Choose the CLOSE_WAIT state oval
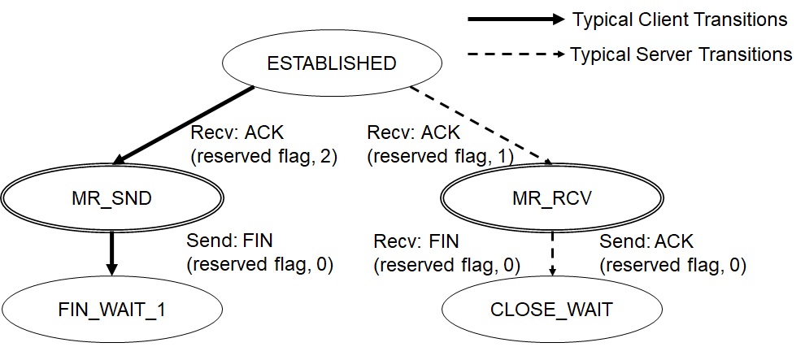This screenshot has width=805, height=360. tap(552, 310)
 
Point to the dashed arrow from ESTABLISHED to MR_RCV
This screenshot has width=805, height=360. tap(480, 124)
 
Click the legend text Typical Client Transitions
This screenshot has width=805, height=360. tap(680, 20)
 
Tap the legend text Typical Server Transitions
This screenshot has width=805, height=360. tap(681, 54)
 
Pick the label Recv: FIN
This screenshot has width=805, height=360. tap(416, 242)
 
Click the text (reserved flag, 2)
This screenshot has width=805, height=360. tap(263, 155)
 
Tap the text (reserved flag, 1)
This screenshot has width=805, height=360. tap(440, 155)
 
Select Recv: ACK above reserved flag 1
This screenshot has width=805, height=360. tap(413, 132)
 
